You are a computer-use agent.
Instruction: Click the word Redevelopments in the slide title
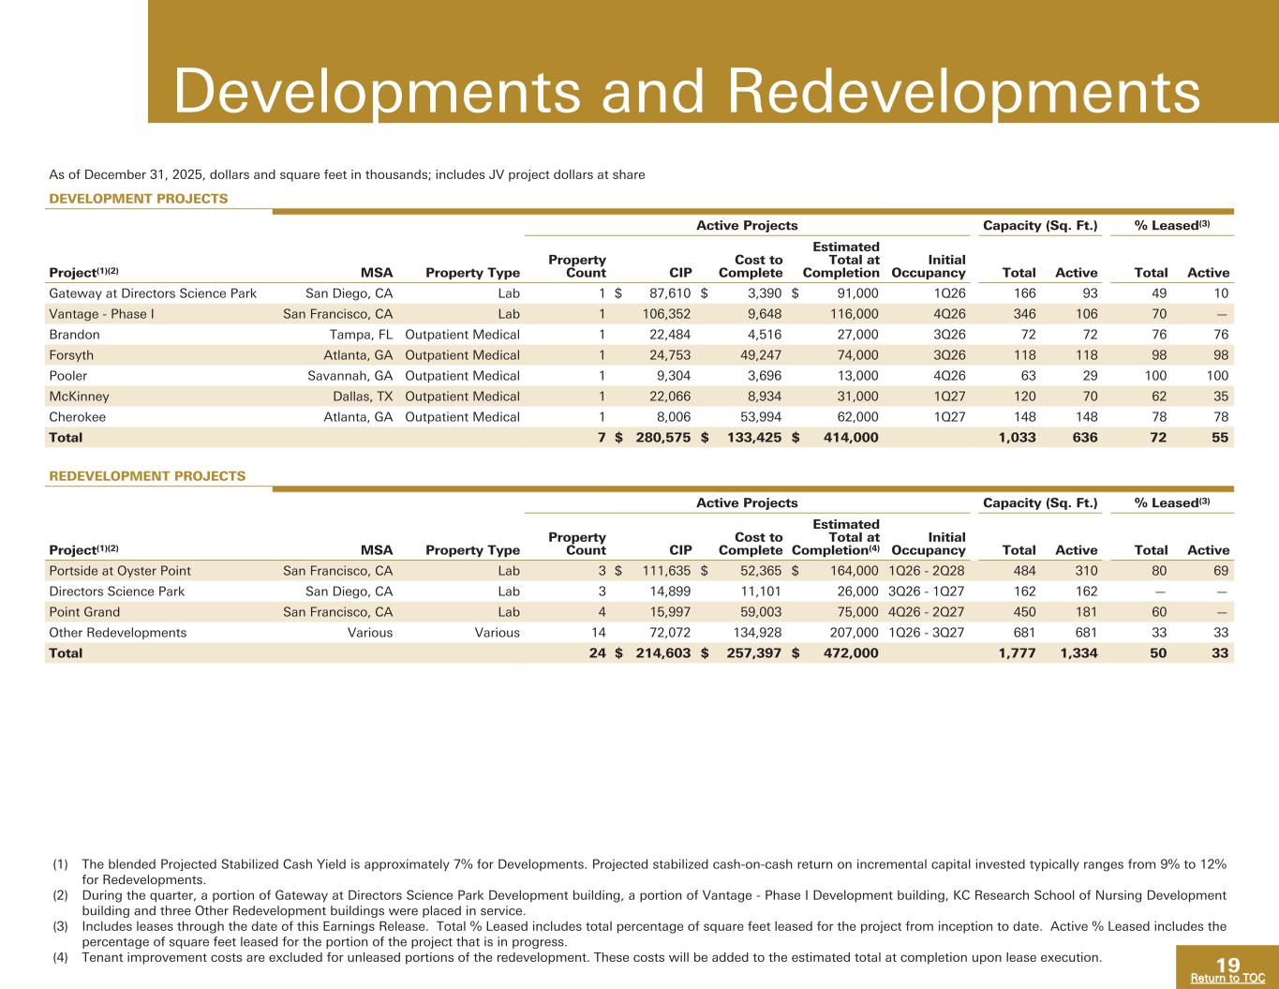point(964,93)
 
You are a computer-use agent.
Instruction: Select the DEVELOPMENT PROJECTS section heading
point(139,199)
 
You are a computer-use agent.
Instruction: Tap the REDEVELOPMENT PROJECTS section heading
point(147,476)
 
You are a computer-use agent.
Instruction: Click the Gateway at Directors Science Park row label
point(153,294)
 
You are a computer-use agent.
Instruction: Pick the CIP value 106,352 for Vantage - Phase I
point(667,314)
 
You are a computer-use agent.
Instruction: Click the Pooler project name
point(68,376)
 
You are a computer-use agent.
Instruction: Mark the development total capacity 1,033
point(1018,438)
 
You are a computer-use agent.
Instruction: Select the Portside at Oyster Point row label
point(120,571)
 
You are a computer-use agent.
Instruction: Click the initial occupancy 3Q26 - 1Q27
point(927,592)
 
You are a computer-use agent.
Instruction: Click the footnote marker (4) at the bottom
point(61,957)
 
